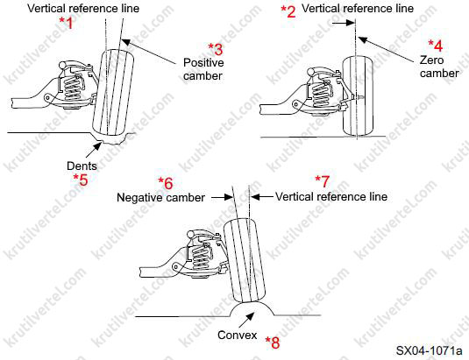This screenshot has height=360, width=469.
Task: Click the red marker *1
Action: coord(66,23)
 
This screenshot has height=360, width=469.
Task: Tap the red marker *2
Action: coord(288,12)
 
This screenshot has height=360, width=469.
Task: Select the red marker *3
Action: coord(216,49)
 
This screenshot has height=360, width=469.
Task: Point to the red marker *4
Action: coord(435,46)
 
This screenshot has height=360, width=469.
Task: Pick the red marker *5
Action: coord(81,180)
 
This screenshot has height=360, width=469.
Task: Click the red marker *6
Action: coord(166,183)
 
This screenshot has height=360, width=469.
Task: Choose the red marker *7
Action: coord(323,181)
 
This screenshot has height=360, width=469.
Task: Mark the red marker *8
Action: coord(273,342)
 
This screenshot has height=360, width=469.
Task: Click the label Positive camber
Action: coord(203,69)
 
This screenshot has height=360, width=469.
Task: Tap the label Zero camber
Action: coord(439,67)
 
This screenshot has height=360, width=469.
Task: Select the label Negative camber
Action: coord(160,197)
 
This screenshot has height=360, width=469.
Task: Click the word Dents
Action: coord(82,166)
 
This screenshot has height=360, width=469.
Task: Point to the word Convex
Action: coord(238,335)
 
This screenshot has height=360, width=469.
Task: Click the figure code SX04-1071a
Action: coord(429,350)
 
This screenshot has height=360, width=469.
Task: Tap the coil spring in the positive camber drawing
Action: coord(73,88)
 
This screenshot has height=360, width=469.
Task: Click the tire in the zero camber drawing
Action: coord(358,95)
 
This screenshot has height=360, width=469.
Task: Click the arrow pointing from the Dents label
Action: coord(94,150)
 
